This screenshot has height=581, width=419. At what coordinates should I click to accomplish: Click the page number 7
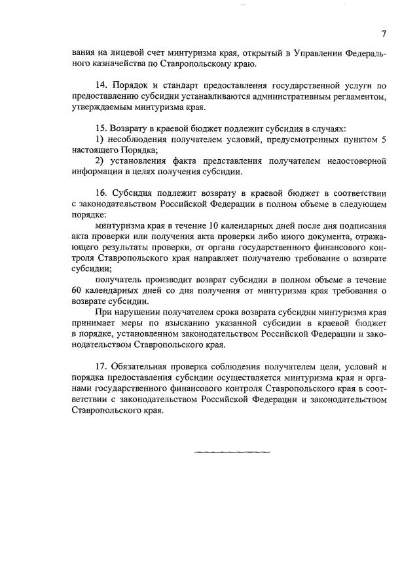click(x=384, y=33)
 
